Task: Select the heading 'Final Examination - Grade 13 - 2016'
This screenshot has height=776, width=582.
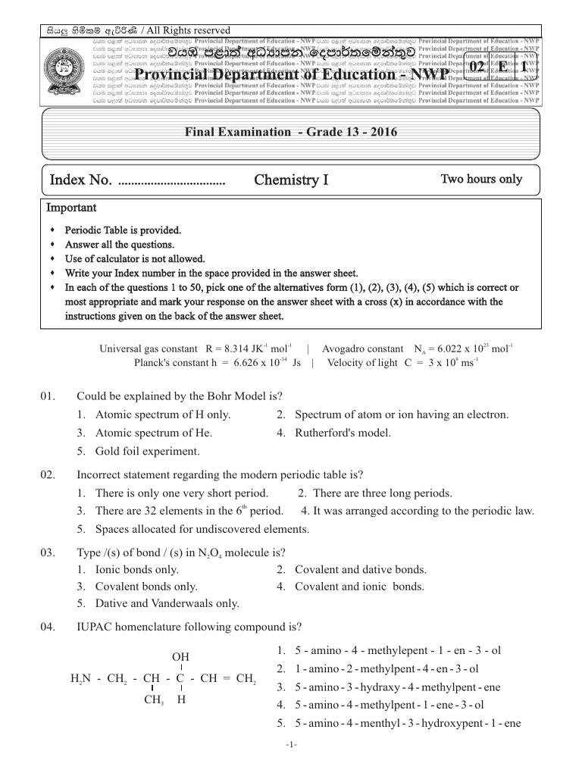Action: [x=291, y=132]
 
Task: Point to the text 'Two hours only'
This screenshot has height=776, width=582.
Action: [x=481, y=179]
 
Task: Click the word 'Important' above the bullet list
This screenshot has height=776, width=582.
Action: [x=72, y=208]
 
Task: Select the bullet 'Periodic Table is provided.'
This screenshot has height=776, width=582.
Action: [x=123, y=230]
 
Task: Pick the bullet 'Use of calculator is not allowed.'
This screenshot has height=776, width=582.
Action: [x=135, y=258]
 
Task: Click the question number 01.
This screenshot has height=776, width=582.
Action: [x=48, y=396]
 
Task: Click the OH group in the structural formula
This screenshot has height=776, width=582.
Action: [x=181, y=656]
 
